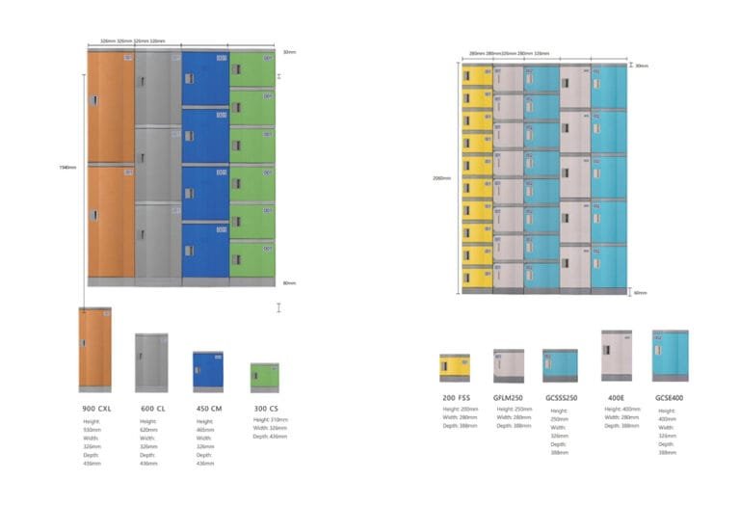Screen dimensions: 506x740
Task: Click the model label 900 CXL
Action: point(96,408)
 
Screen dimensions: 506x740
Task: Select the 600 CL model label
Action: point(154,408)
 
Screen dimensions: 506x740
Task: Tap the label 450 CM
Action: point(209,408)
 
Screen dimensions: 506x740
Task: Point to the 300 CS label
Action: point(266,408)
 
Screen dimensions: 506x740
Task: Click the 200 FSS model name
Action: point(456,397)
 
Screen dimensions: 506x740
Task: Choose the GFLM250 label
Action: point(508,397)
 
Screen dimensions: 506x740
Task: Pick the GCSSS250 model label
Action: point(560,397)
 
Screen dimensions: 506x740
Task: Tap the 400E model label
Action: point(616,397)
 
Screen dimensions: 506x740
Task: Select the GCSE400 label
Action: point(670,397)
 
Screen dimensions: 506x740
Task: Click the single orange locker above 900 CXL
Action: point(95,346)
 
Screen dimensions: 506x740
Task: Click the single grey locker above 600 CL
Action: point(151,362)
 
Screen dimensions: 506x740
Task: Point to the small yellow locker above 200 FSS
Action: point(455,367)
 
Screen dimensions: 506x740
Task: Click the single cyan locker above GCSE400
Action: point(670,355)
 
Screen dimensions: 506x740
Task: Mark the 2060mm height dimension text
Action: point(442,178)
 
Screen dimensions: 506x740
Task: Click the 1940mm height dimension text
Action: point(67,167)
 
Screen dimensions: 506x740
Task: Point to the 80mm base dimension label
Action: point(289,282)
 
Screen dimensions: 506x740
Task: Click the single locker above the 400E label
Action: point(617,354)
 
